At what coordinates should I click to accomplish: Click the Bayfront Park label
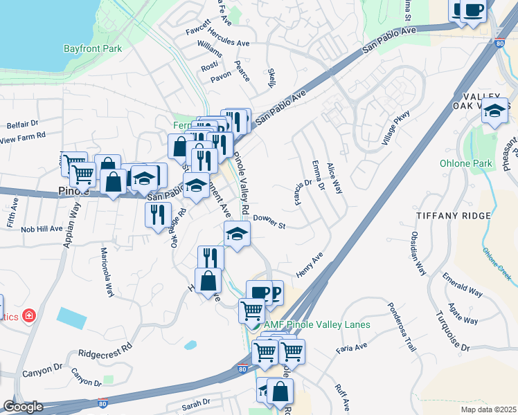click(x=93, y=48)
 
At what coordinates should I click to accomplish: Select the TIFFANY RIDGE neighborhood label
click(x=453, y=216)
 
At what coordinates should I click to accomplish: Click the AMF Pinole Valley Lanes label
click(x=316, y=324)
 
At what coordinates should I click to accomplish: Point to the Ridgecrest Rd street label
click(x=105, y=352)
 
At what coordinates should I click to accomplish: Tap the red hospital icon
click(x=29, y=316)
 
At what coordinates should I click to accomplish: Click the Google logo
click(x=23, y=407)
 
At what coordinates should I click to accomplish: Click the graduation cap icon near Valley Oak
click(x=494, y=111)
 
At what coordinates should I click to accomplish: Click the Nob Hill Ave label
click(x=42, y=228)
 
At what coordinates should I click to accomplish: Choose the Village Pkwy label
click(x=395, y=128)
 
